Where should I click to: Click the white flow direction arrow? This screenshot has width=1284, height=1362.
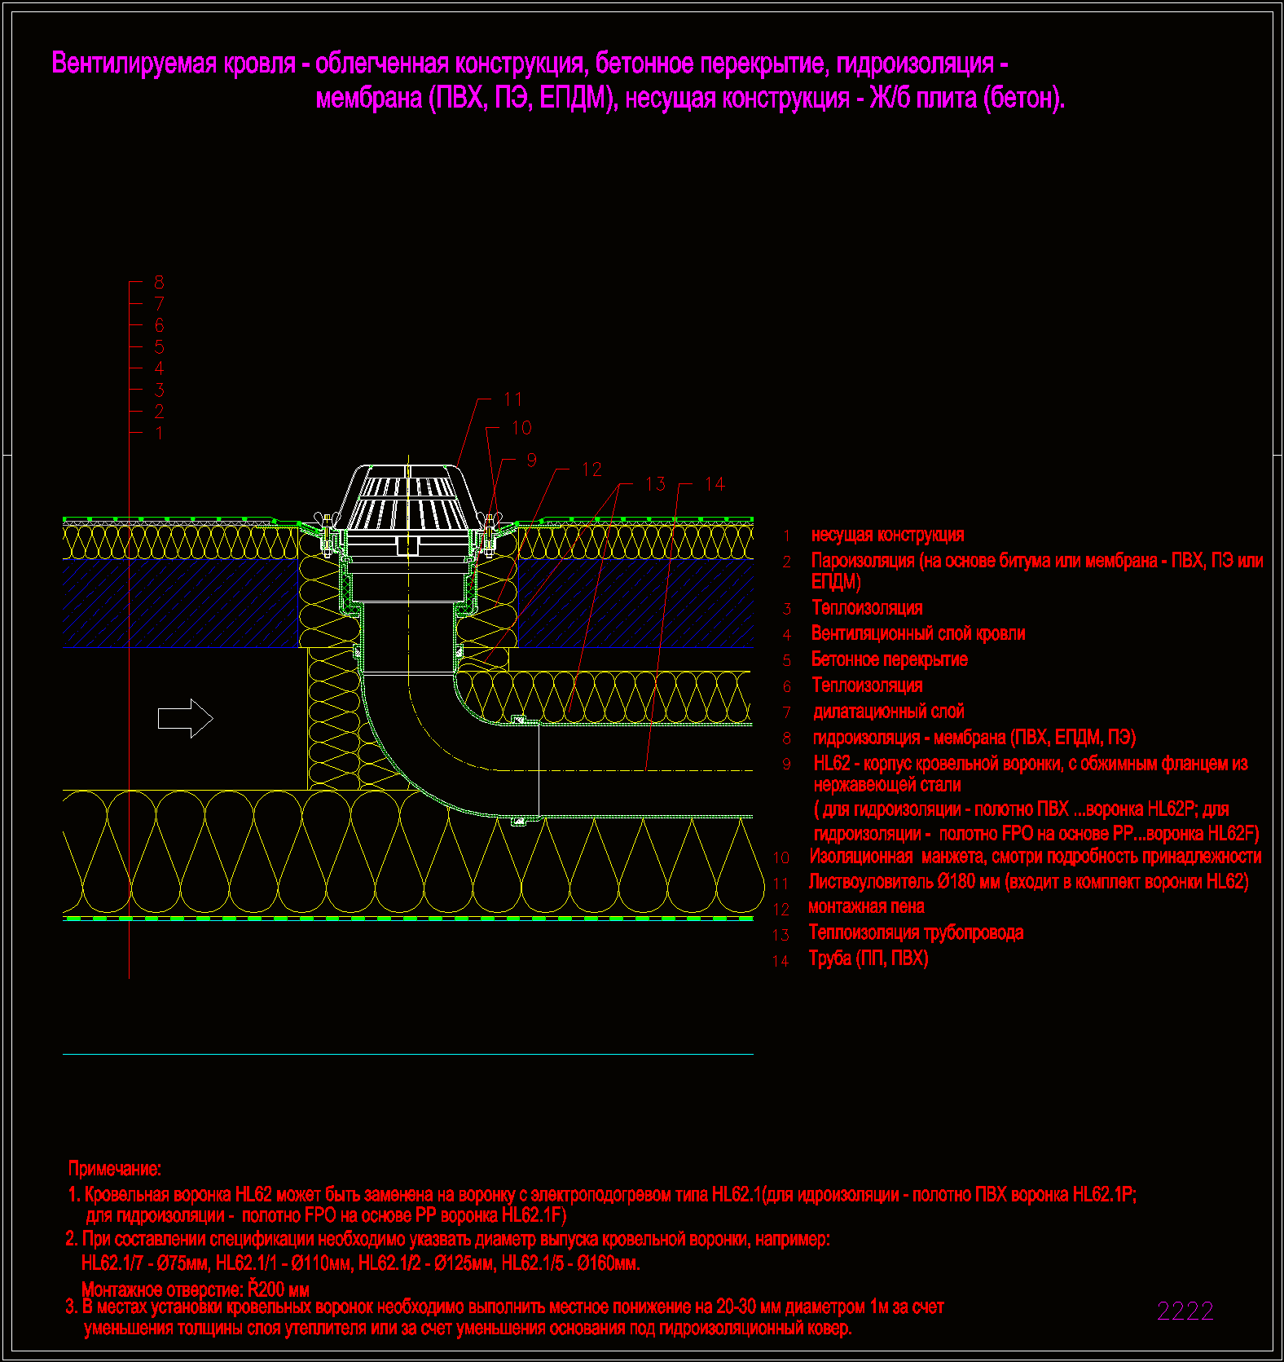[x=186, y=718]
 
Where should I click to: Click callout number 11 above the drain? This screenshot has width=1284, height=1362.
[x=512, y=399]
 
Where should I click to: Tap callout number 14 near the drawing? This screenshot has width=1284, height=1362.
[x=715, y=484]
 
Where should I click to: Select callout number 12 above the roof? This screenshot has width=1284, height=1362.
[x=591, y=469]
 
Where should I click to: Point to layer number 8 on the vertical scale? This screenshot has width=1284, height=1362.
[x=159, y=282]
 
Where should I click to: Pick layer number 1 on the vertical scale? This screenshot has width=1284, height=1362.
[x=159, y=433]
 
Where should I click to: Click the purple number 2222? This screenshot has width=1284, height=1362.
[x=1185, y=1311]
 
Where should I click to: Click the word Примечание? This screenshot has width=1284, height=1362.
[x=115, y=1169]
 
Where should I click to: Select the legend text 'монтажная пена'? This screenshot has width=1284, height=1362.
[x=866, y=906]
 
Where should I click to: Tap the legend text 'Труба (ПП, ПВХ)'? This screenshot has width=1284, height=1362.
[x=868, y=959]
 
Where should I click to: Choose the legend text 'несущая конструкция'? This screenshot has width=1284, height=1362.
[x=888, y=535]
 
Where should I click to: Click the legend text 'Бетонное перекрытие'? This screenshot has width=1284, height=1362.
[x=890, y=659]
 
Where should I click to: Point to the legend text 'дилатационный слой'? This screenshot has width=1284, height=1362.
[x=889, y=712]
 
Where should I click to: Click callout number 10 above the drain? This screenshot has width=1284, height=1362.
[x=521, y=428]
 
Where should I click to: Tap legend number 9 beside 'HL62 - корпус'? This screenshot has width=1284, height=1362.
[x=787, y=765]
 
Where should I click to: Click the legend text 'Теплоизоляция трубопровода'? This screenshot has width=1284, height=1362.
[x=916, y=932]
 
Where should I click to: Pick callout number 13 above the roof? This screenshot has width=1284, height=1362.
[x=655, y=484]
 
